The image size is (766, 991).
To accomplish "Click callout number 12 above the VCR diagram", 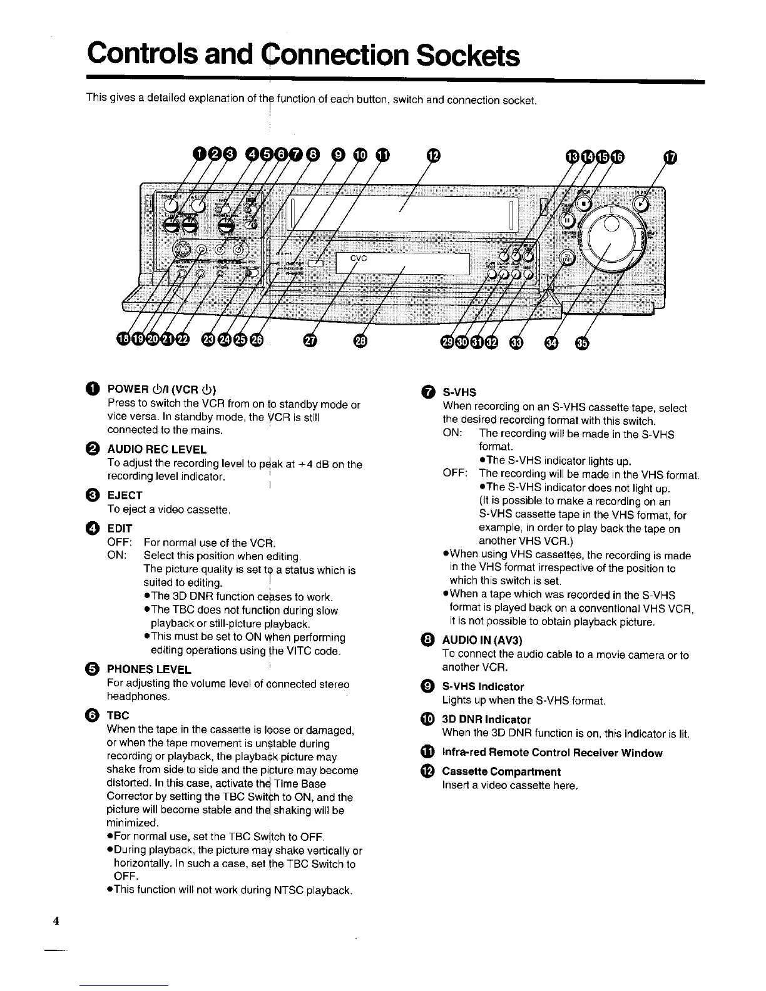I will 433,155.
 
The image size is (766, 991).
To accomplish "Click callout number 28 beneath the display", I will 360,340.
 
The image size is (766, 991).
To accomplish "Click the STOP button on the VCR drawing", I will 584,203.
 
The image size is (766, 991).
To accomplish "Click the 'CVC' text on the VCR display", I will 358,258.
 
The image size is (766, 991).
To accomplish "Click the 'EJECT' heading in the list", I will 125,495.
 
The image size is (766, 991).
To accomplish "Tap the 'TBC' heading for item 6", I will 118,715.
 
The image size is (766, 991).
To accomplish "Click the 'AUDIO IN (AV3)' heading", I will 482,640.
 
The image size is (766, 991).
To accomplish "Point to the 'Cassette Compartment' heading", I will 501,771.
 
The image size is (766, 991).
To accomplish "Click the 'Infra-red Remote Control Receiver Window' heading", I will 552,753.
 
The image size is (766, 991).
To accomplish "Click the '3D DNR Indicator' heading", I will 486,719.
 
